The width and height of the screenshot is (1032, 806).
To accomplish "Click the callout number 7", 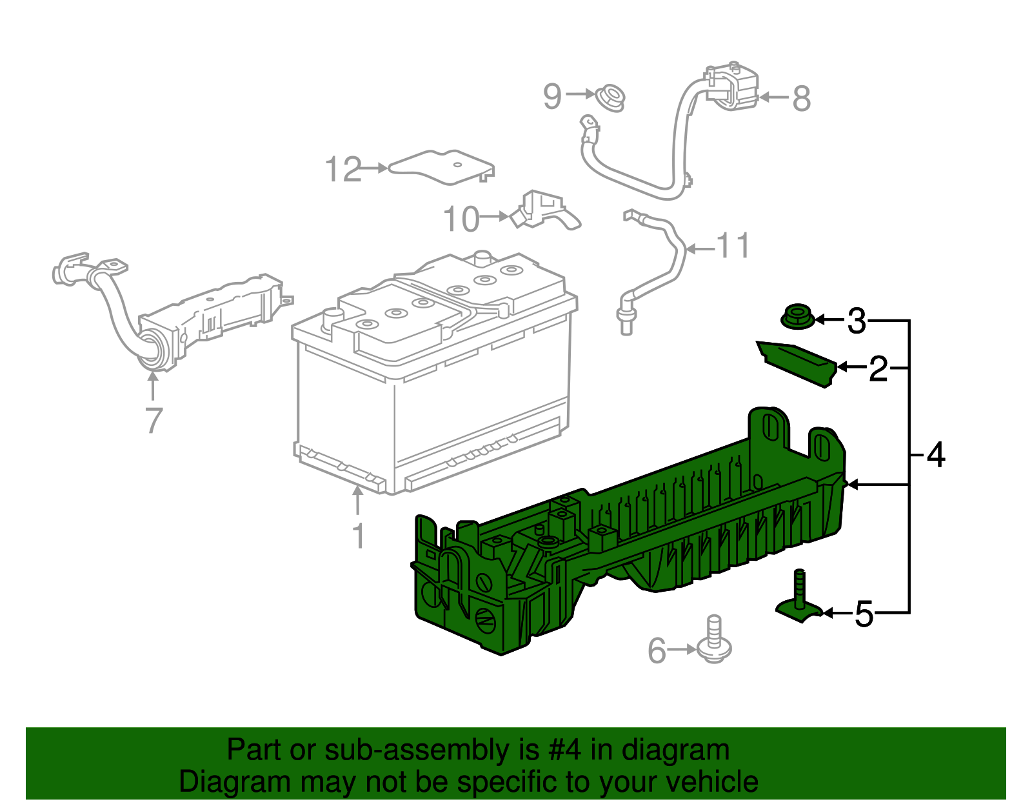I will click(x=154, y=420).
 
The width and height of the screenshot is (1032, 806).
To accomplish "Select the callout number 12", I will click(x=343, y=170).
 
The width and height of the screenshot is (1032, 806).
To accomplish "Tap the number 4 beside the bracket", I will click(x=935, y=455).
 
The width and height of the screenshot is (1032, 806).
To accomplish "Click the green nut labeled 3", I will click(x=797, y=317).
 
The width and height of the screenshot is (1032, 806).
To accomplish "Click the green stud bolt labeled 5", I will click(x=800, y=597).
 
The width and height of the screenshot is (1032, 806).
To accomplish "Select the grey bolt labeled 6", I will click(x=713, y=642).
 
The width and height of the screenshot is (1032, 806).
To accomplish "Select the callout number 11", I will click(x=733, y=246).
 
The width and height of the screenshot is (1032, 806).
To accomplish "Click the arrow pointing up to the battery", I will click(x=357, y=501).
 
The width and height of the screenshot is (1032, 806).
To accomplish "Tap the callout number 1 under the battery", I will click(x=358, y=536).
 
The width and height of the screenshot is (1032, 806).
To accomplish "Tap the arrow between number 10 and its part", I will click(x=495, y=217).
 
